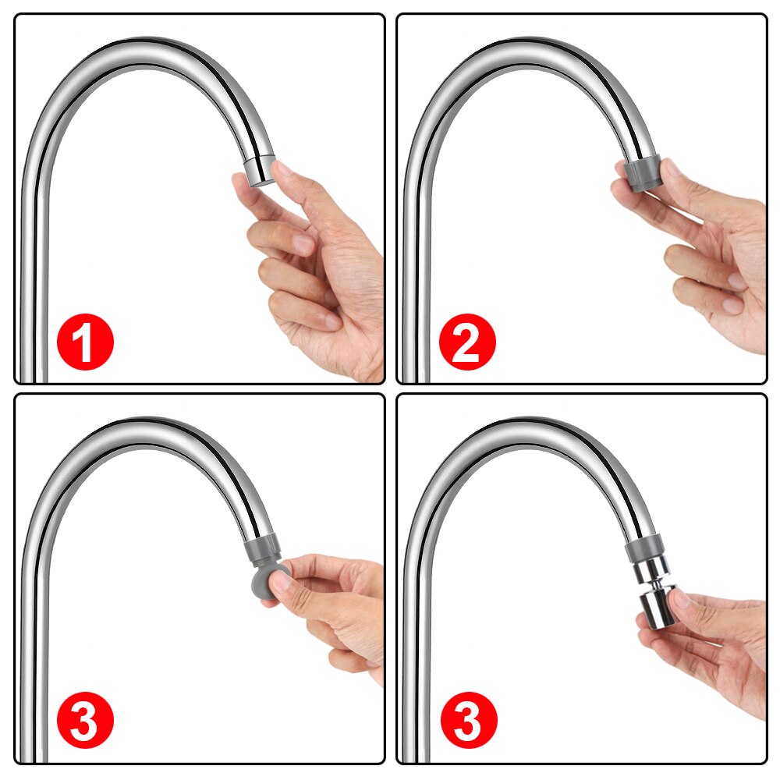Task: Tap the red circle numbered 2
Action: tap(467, 341)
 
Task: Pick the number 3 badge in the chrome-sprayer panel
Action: tap(467, 721)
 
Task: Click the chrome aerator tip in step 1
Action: tap(259, 171)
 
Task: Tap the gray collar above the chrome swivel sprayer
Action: tap(644, 549)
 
